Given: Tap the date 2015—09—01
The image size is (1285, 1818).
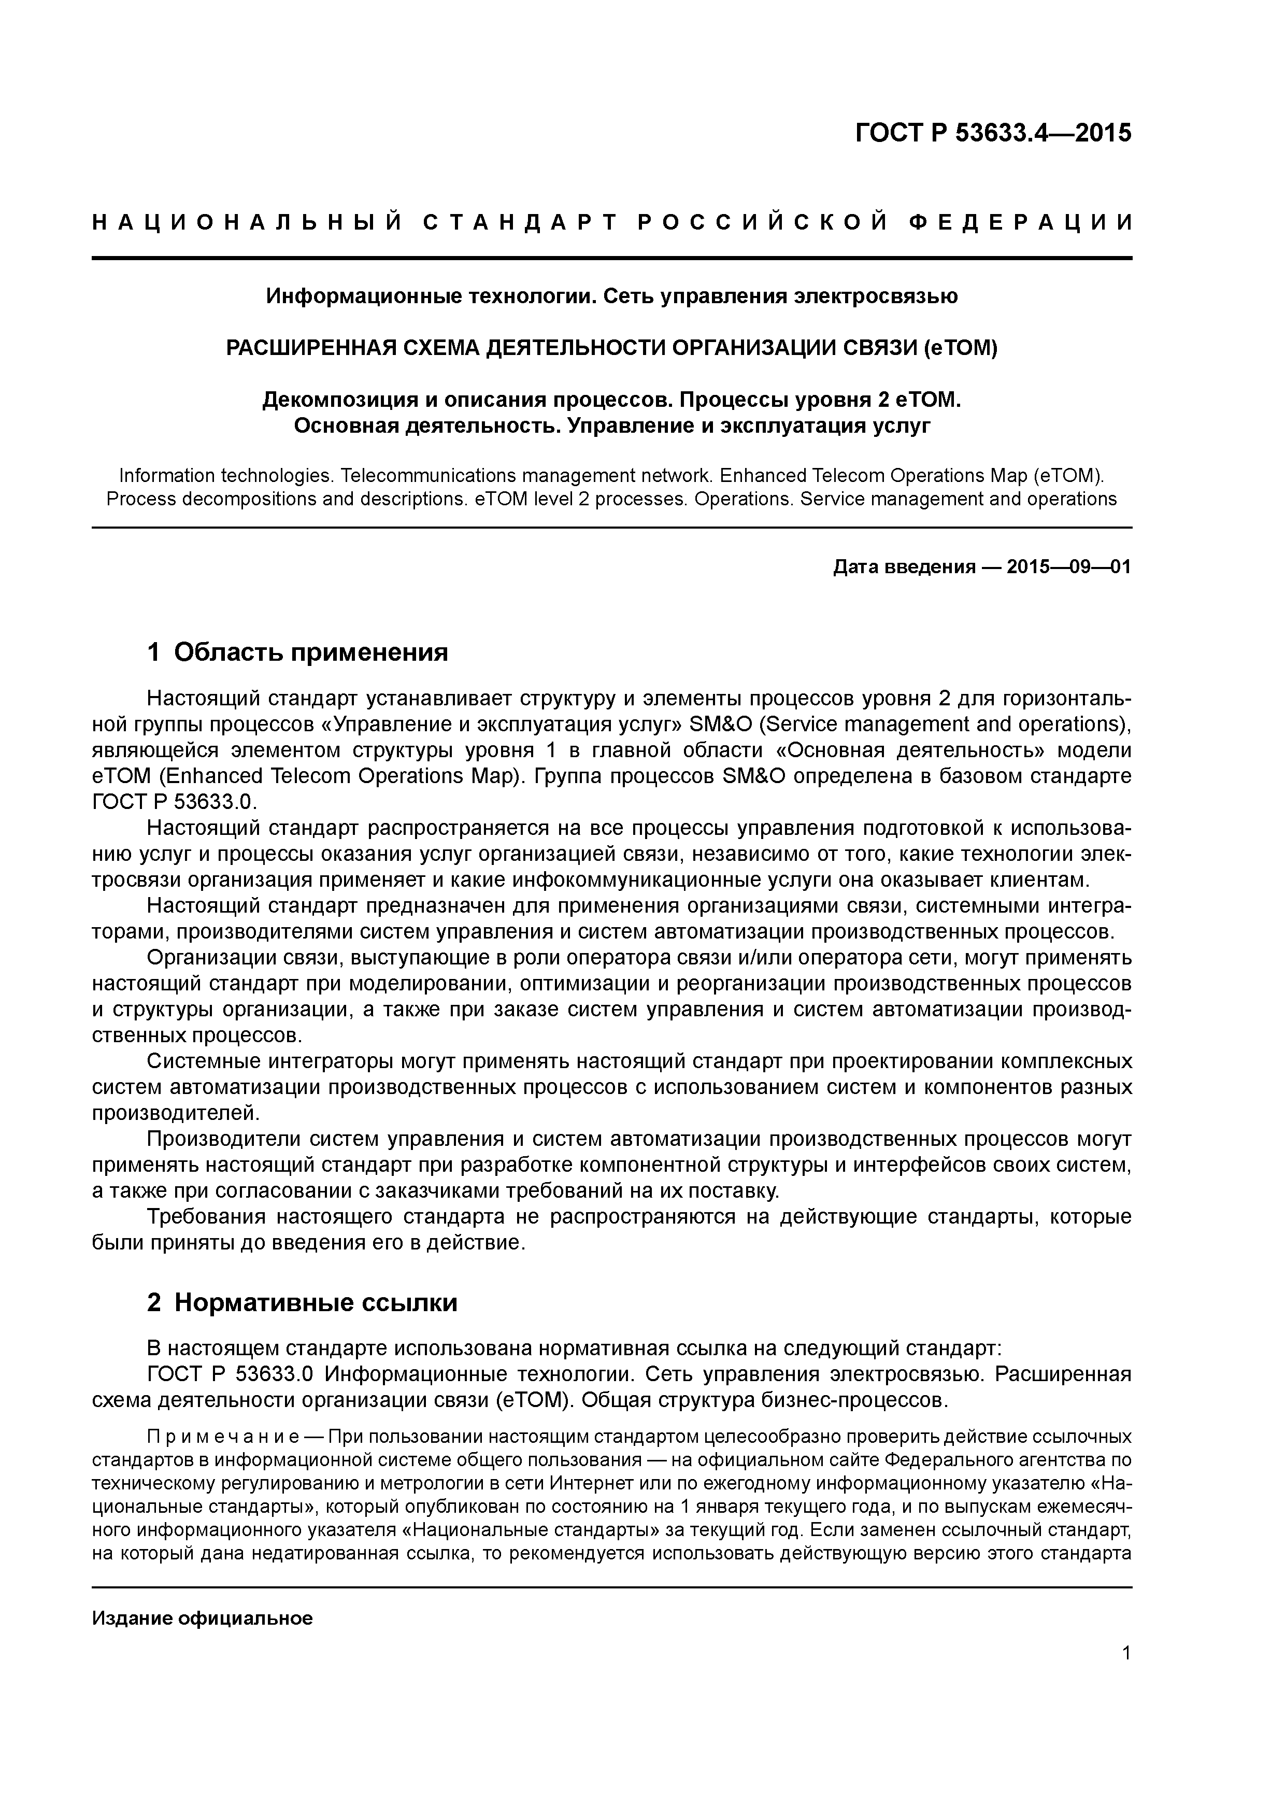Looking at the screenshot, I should (1069, 567).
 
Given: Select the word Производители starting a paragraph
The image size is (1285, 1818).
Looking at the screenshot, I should (222, 1140).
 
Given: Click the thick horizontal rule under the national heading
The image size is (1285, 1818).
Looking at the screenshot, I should (612, 258).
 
